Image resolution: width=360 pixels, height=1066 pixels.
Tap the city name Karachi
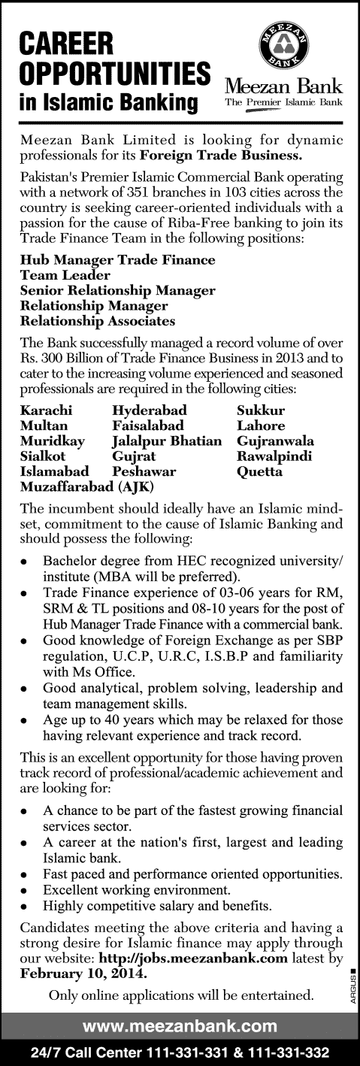(x=47, y=410)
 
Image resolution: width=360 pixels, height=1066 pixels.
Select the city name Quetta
(x=260, y=471)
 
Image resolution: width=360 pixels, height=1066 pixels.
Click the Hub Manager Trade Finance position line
(x=117, y=260)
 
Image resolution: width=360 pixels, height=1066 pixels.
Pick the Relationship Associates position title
(x=98, y=320)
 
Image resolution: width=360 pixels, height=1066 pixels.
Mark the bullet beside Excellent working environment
(x=26, y=889)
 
